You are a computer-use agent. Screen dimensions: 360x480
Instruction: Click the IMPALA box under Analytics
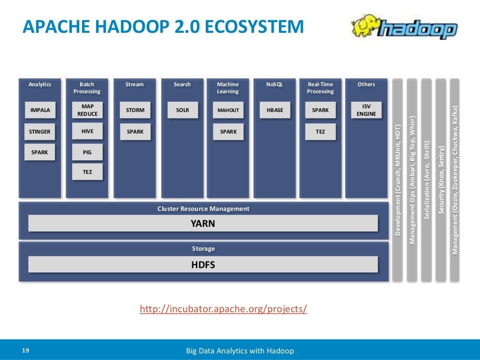tap(40, 110)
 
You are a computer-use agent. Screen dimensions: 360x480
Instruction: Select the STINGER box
tap(40, 132)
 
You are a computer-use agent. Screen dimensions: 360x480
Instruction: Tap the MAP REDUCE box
tap(87, 110)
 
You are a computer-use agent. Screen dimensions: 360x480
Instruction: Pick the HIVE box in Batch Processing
tap(87, 131)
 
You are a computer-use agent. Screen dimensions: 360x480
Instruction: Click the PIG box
tap(87, 152)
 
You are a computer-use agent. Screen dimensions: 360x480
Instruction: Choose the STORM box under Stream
tap(135, 110)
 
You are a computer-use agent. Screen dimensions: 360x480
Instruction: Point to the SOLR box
tap(182, 110)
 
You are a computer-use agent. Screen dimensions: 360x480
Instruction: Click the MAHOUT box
tap(228, 110)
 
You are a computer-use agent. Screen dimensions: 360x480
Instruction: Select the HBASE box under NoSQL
tap(275, 110)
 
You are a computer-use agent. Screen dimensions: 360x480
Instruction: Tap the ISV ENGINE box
tap(366, 110)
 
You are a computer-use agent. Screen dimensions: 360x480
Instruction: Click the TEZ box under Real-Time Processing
tap(320, 132)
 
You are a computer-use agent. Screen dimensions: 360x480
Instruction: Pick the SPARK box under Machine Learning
tap(228, 132)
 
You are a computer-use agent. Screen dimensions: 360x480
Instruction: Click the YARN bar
tap(202, 224)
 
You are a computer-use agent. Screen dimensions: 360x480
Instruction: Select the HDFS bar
tap(202, 265)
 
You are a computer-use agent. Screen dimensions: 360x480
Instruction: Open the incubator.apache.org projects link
tap(224, 309)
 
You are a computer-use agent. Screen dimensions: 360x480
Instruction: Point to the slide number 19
tap(25, 351)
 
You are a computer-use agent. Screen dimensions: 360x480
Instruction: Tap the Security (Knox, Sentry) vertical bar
tap(441, 180)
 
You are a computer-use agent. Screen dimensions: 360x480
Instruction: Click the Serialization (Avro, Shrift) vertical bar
tap(426, 180)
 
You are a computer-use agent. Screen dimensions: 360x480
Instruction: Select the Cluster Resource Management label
tap(203, 209)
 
